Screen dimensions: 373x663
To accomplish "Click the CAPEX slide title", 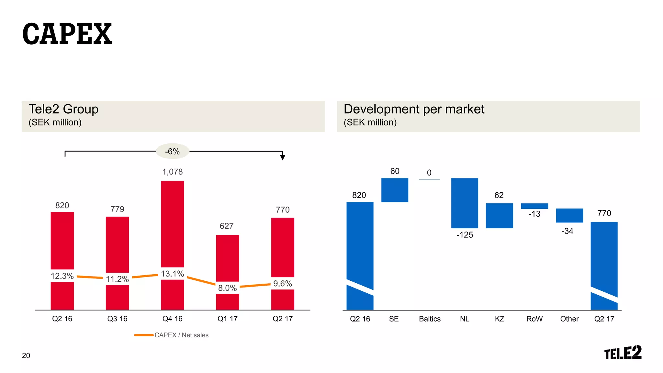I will pos(67,34).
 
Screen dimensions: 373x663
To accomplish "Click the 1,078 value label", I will pos(172,172).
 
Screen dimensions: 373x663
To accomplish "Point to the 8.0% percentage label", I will pos(227,288).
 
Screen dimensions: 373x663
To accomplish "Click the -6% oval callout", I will pos(172,151).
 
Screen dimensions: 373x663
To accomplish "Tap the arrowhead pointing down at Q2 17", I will pos(283,157).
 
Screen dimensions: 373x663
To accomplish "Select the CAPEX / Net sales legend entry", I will pos(172,335).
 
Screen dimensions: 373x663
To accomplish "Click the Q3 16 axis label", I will pos(117,319).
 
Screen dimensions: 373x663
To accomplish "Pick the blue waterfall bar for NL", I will pos(465,203).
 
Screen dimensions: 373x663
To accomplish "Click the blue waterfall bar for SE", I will pos(395,190).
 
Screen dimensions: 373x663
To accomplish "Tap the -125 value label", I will pos(465,235).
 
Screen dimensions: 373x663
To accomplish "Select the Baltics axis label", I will pos(430,319).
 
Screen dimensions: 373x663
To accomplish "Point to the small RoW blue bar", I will pos(534,206).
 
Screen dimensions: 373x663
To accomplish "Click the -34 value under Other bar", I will pos(567,231).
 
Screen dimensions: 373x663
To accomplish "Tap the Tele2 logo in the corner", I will pos(623,353).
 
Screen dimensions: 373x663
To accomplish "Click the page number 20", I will pos(26,356).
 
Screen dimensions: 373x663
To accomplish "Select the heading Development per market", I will pos(414,109).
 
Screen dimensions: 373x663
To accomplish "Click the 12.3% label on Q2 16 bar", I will pos(62,276).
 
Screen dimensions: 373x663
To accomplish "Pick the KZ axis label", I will pos(500,319).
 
